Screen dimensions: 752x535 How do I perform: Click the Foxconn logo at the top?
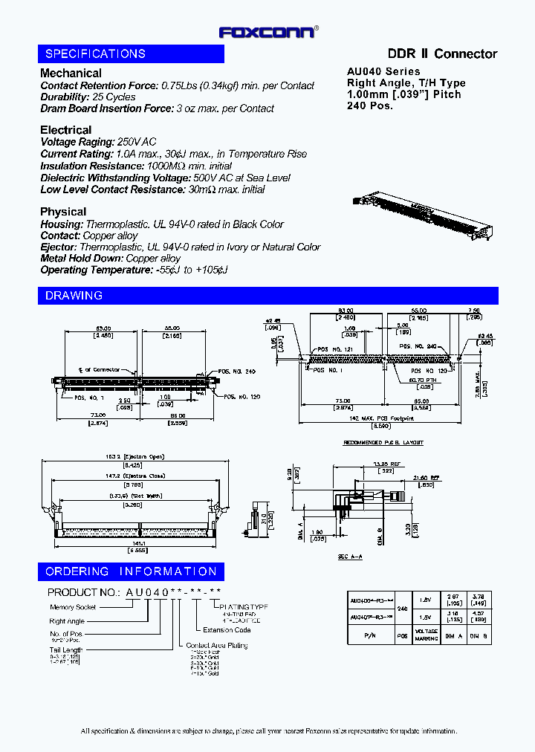267,32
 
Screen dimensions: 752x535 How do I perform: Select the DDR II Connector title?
442,54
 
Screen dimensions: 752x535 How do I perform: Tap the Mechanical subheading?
71,73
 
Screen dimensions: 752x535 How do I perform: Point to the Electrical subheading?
65,130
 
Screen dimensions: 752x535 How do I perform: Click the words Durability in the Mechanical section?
65,97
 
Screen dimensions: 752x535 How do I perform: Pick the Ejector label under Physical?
58,247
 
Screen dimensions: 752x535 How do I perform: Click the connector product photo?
422,215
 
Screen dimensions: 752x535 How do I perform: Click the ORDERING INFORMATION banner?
131,571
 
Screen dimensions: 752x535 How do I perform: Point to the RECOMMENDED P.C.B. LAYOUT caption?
383,443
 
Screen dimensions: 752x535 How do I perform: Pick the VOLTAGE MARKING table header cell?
426,637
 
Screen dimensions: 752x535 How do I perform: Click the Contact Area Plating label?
216,645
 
